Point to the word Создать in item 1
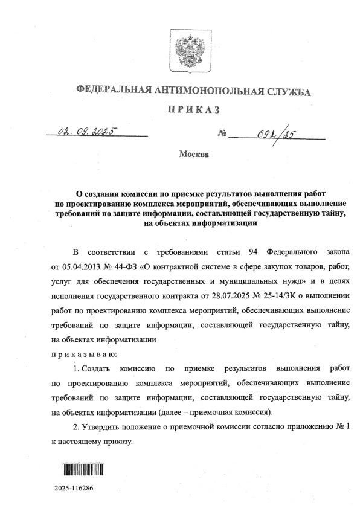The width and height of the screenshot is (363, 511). pyautogui.click(x=91, y=368)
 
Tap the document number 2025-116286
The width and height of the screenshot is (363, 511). pyautogui.click(x=73, y=487)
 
